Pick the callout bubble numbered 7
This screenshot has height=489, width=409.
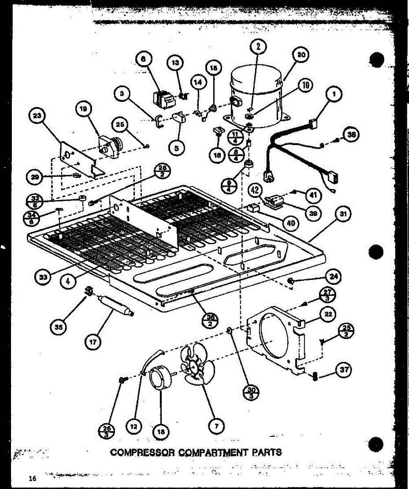tap(215, 427)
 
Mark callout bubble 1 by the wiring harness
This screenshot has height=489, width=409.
tap(334, 95)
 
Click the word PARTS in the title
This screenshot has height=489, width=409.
tap(262, 452)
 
